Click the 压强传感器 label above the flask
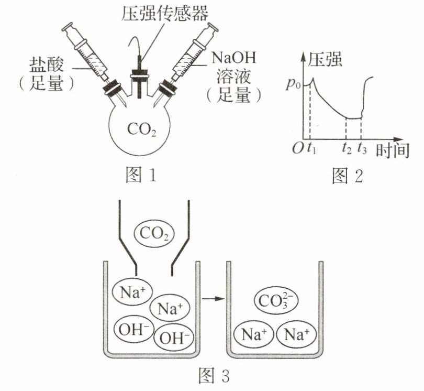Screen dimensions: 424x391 coord(165,13)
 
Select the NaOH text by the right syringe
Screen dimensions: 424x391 coord(233,58)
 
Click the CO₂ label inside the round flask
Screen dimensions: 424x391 coord(141,129)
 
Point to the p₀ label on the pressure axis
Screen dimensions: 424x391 coord(293,84)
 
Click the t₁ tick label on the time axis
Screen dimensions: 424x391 coord(312,148)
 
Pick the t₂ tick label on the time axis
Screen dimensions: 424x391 coord(347,148)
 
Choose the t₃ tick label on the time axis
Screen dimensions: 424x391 coord(362,148)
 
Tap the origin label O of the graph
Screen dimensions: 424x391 coord(298,148)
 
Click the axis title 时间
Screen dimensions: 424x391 coord(393,150)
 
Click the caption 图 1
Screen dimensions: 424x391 coord(141,175)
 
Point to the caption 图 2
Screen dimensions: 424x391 coord(347,176)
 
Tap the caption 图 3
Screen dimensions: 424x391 coord(214,376)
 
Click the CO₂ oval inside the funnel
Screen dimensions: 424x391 coord(154,233)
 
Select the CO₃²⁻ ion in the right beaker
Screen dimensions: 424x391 coord(276,300)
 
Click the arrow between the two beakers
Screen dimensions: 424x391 coord(214,299)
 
